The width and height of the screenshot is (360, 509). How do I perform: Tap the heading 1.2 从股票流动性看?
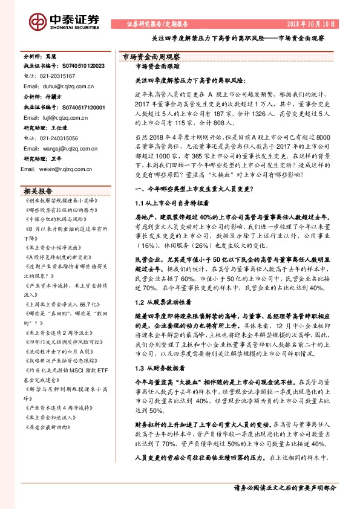(x=163, y=300)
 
